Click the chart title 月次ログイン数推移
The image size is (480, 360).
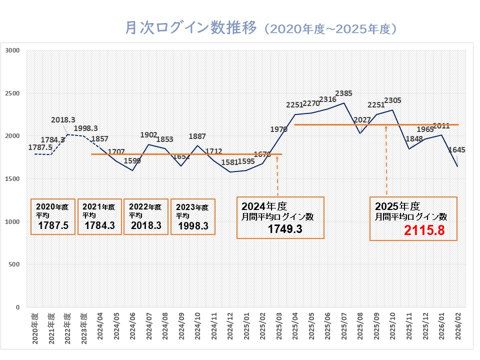point(191,28)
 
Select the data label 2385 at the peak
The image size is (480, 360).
point(344,93)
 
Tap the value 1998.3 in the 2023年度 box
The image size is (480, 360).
point(193,226)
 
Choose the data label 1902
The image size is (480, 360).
point(149,135)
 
